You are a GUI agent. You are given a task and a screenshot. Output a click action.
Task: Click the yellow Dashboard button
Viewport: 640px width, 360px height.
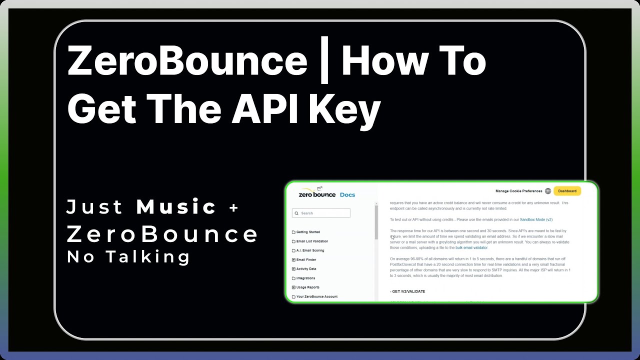coord(567,191)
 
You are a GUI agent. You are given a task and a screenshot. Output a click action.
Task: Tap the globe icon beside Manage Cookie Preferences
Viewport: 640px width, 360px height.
coord(548,191)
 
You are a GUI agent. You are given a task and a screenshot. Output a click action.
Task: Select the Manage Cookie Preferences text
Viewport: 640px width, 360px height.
coord(518,191)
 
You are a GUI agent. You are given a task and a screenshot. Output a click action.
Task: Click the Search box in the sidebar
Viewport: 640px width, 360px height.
coord(321,213)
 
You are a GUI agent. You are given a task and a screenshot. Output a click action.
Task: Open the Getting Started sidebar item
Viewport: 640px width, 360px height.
coord(307,232)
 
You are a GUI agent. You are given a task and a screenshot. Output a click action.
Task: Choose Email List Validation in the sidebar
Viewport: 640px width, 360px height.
coord(311,241)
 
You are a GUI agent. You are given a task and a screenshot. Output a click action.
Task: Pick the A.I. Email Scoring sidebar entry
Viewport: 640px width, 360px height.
coord(309,250)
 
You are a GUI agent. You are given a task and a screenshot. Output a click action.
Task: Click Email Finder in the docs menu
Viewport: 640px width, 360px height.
coord(305,260)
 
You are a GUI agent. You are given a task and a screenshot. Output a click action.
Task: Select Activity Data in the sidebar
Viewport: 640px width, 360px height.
coord(305,269)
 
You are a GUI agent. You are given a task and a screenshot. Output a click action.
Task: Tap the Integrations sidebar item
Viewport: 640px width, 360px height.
coord(305,278)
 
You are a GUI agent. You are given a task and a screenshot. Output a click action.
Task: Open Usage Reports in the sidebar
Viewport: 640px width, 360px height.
coord(307,287)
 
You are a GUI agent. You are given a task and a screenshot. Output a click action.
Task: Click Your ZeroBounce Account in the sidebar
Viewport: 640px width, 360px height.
coord(316,296)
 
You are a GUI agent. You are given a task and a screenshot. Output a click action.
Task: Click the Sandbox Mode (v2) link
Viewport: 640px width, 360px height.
coord(536,219)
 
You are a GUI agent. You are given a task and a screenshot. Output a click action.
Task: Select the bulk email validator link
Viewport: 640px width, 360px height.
coord(471,247)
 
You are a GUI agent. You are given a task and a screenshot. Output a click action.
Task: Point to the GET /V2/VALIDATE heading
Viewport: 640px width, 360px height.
coord(407,291)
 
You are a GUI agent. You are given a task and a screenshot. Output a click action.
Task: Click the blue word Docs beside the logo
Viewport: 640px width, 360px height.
coord(347,194)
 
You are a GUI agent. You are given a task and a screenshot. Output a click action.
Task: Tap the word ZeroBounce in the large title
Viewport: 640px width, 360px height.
coord(187,61)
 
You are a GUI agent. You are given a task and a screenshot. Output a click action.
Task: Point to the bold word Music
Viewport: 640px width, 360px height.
coord(176,206)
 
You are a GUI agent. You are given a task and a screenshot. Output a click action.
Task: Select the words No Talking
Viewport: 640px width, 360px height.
coord(128,256)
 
